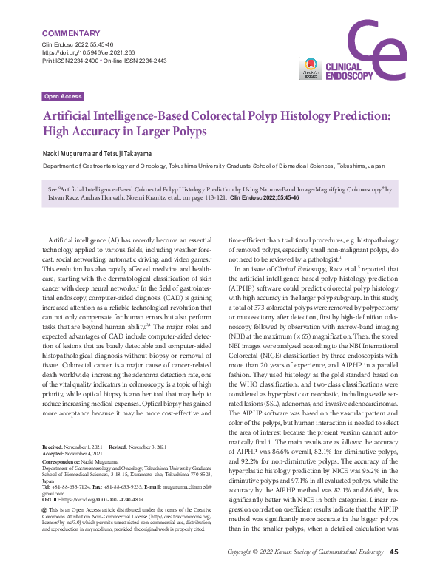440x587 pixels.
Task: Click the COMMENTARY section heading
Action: [x=71, y=34]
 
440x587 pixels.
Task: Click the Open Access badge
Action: [x=63, y=97]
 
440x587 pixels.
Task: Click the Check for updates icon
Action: [x=310, y=69]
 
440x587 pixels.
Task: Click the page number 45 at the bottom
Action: [x=394, y=571]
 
